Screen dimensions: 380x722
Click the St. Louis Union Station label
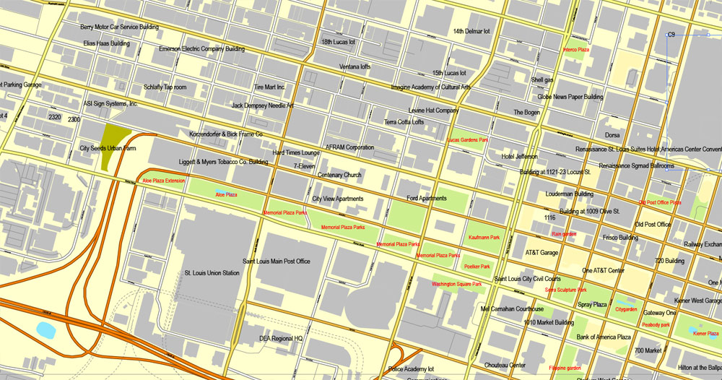tap(212, 273)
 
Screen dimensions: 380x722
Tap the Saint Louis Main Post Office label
tap(277, 261)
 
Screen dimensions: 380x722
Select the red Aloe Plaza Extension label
tap(164, 181)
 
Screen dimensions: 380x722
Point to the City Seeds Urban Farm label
tap(108, 148)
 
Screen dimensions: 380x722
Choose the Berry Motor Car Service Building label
tap(119, 27)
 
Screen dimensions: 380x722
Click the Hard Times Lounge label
tap(296, 153)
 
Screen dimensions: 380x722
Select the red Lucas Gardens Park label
tap(469, 139)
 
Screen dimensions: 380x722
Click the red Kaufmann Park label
tap(484, 237)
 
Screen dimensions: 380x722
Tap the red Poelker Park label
tap(477, 267)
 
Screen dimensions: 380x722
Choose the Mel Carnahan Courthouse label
tap(512, 308)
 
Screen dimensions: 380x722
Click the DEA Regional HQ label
tap(281, 338)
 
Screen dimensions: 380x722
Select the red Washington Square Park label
tap(456, 284)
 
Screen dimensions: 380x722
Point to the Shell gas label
tap(542, 79)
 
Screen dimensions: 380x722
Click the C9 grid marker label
tap(671, 35)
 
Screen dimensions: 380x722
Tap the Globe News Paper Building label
tap(570, 97)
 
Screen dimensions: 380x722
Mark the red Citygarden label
tap(626, 309)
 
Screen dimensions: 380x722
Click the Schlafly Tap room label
tap(165, 87)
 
